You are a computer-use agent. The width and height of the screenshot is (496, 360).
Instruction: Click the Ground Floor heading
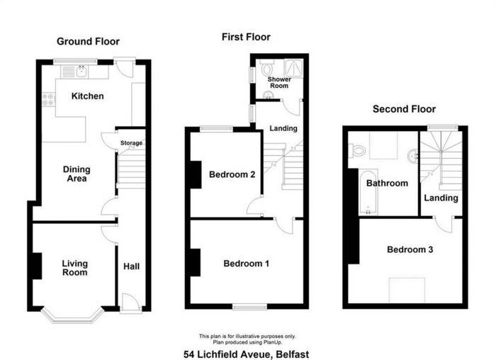point(89,42)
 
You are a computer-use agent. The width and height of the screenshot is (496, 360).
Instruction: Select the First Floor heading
point(246,37)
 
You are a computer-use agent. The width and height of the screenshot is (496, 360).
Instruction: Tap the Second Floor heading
point(404,109)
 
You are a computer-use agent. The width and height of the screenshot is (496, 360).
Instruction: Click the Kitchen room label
point(88,96)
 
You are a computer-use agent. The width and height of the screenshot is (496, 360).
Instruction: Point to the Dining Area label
point(77,174)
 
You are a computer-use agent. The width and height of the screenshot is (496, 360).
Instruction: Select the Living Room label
point(74,268)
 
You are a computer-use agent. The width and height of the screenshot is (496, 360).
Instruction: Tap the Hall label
point(131,266)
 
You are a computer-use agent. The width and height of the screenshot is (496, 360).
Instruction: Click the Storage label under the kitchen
point(131,143)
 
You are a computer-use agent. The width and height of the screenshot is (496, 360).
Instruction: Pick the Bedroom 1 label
point(246,264)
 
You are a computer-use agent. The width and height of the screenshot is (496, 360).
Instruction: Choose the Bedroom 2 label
point(232,174)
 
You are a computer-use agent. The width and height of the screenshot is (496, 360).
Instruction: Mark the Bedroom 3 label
point(410,249)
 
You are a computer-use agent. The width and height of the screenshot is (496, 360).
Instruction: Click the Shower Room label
point(278,84)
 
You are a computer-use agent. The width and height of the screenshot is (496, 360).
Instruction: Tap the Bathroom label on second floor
point(387,183)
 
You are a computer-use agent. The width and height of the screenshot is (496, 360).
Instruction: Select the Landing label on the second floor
point(441,198)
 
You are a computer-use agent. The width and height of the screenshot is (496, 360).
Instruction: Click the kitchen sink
point(81,70)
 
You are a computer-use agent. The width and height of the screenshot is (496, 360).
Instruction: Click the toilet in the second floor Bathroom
point(358,150)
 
